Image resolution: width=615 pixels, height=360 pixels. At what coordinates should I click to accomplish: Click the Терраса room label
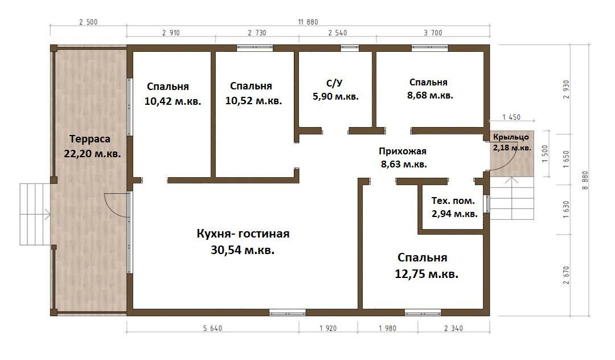[x=90, y=139]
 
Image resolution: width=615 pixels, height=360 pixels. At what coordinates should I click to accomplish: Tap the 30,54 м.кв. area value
[x=243, y=250]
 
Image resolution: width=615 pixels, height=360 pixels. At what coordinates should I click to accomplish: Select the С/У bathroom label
[x=334, y=83]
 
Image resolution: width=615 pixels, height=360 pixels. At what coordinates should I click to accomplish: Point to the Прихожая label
[x=403, y=151]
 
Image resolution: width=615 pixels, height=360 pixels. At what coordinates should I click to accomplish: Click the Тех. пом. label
[x=453, y=201]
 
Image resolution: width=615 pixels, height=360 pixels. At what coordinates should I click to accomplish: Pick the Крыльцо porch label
[x=511, y=137]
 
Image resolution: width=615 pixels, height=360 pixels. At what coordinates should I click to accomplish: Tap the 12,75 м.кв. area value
[x=427, y=274]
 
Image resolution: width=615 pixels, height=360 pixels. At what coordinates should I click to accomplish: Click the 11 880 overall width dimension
[x=308, y=22]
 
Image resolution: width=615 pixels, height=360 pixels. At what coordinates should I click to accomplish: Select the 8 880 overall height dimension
[x=585, y=181]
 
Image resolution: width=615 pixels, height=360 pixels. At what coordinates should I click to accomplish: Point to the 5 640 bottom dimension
[x=212, y=328]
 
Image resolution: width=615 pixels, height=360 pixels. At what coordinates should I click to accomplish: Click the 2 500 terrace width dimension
[x=88, y=22]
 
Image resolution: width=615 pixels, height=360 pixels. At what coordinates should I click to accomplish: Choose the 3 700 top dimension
[x=433, y=33]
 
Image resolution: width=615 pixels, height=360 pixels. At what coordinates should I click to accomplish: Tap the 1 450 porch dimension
[x=511, y=117]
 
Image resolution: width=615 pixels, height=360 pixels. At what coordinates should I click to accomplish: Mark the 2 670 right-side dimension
[x=565, y=275]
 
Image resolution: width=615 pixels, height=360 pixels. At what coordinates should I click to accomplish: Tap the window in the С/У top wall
[x=350, y=48]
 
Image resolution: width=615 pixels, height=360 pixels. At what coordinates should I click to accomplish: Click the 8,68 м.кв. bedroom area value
[x=430, y=95]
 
